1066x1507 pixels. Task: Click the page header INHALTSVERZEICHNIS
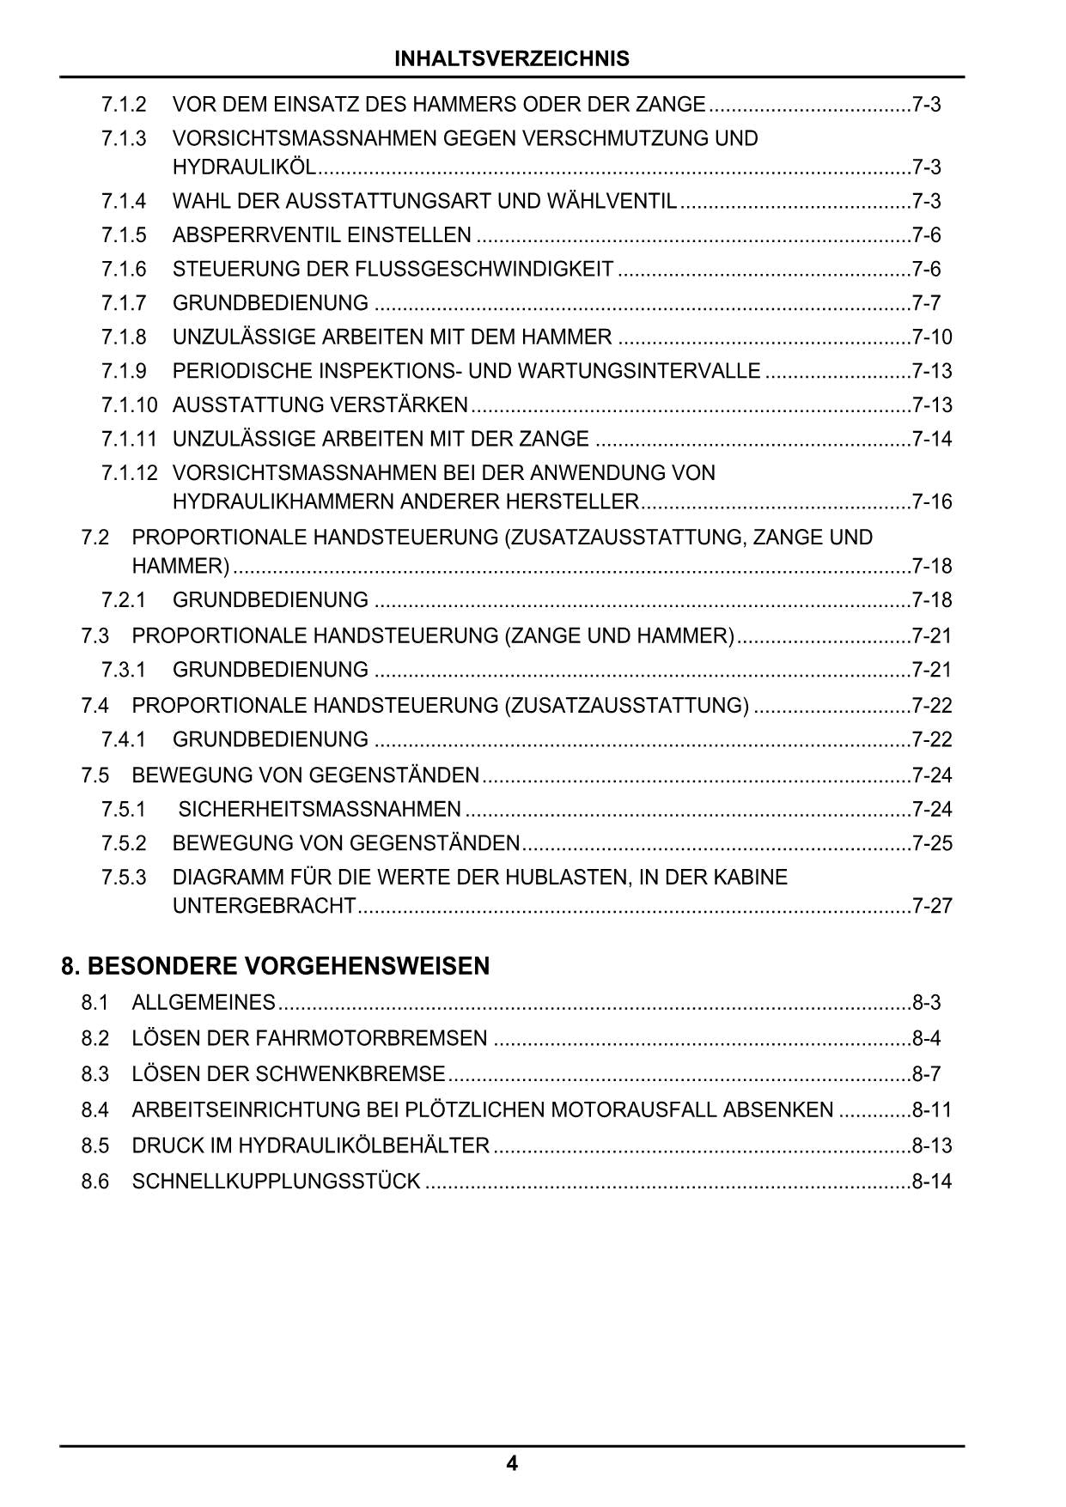[512, 58]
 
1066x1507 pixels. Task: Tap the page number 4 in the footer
[512, 1463]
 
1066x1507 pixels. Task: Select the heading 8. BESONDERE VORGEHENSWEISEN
[275, 966]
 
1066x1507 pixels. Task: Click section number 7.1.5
[124, 235]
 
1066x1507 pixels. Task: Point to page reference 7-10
[932, 337]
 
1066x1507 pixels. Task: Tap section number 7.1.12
[130, 473]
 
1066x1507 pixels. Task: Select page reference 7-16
[932, 501]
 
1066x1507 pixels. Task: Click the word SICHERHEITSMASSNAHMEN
[320, 809]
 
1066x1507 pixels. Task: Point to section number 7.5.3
[124, 878]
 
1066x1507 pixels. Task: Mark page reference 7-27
[932, 906]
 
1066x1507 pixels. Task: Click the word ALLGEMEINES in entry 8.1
[204, 1003]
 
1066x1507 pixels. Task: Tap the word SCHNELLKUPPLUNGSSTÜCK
[276, 1182]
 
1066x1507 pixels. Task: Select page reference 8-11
[932, 1110]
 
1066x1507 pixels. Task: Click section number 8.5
[95, 1145]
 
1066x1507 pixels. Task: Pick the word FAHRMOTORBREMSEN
[371, 1039]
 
